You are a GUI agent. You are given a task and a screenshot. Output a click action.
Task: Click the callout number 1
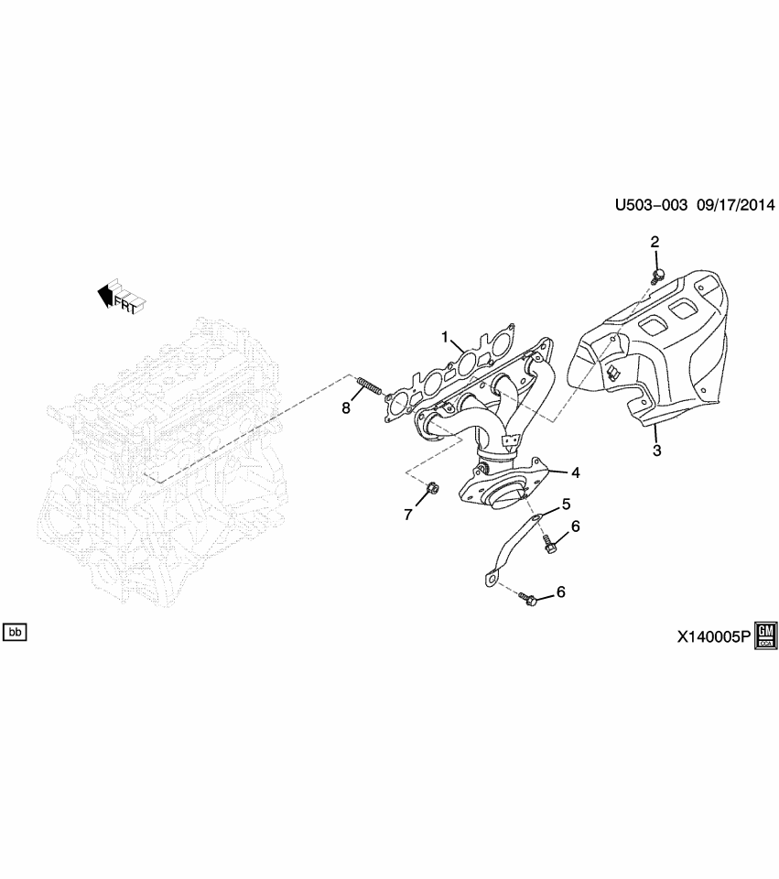[x=446, y=337]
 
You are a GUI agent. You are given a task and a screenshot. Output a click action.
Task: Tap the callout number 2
[x=655, y=243]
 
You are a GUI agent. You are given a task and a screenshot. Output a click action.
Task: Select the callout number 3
[x=655, y=450]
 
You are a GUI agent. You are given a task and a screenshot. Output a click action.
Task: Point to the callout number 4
[x=575, y=472]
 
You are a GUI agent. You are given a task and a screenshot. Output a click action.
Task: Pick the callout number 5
[x=566, y=504]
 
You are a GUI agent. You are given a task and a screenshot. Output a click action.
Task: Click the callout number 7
[x=409, y=515]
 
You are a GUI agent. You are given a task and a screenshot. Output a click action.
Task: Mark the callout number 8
[x=346, y=408]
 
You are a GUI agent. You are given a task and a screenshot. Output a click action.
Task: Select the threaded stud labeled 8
[x=368, y=387]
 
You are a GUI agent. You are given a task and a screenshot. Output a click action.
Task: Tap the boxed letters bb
[x=16, y=632]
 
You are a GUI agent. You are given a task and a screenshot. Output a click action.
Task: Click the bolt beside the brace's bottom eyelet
[x=528, y=600]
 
